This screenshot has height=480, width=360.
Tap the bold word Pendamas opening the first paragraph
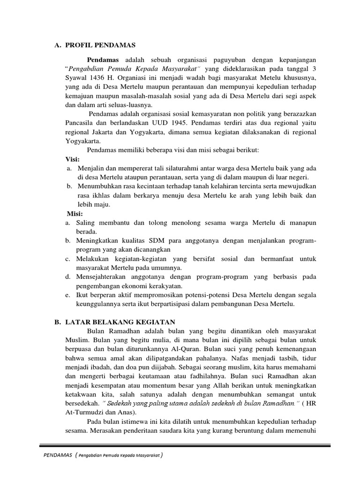pyautogui.click(x=103, y=60)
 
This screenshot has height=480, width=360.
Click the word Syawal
pyautogui.click(x=76, y=78)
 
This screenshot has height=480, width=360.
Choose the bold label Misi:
pyautogui.click(x=75, y=214)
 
